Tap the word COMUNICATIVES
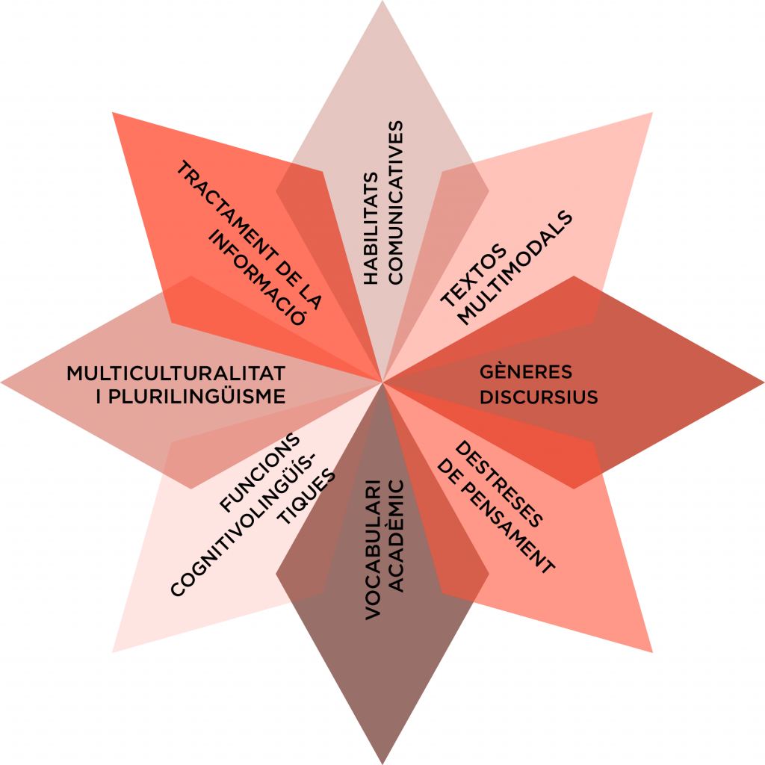395,202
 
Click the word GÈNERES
525,372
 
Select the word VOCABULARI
373,549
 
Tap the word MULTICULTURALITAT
176,373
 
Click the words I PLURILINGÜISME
191,397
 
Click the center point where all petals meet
382,382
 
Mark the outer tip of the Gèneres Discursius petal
762,382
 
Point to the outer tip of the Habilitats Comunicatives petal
382,3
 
